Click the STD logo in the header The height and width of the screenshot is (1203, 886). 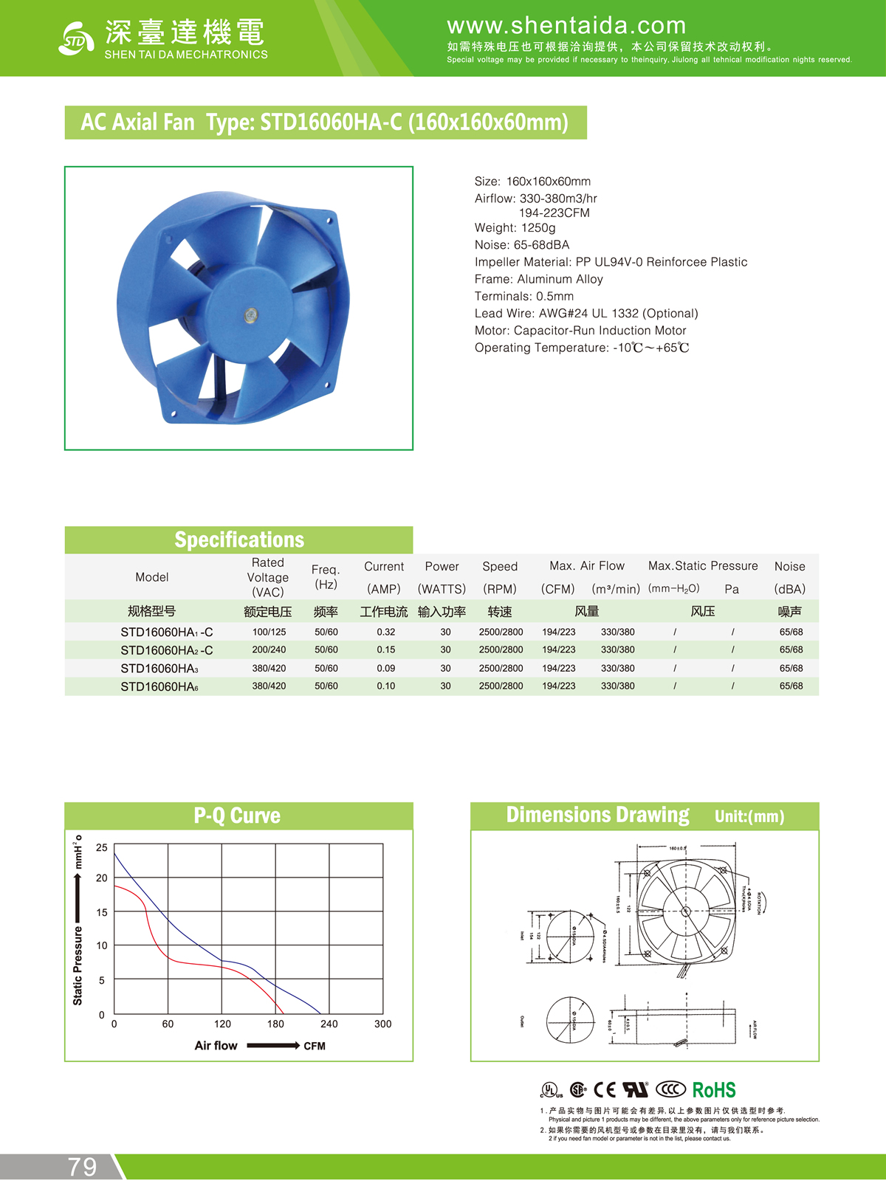pos(76,39)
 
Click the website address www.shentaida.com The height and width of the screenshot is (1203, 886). pos(566,26)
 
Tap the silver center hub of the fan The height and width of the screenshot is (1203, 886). pos(251,316)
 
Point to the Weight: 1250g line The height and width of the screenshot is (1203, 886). pos(515,228)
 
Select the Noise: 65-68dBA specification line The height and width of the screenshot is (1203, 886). pos(522,245)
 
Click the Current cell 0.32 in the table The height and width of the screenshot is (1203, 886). pos(385,632)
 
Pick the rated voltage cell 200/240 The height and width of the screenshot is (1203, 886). pos(269,650)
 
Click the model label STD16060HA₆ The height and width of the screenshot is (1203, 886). pos(159,686)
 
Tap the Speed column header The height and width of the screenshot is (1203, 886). pos(500,567)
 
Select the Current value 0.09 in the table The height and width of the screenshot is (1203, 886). pos(385,669)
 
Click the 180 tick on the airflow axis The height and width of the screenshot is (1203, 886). pos(275,1024)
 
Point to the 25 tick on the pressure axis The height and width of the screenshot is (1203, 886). pos(102,847)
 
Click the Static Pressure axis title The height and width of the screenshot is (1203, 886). pos(78,967)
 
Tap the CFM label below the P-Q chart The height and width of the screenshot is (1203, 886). pos(315,1046)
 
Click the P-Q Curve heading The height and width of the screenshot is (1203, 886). pos(237,816)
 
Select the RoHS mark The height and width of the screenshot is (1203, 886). pos(714,1090)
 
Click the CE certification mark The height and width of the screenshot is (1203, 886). pos(605,1090)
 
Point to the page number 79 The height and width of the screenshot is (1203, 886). pos(83,1167)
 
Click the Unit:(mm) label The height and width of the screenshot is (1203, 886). pos(749,816)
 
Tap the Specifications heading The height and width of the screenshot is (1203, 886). pos(239,540)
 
